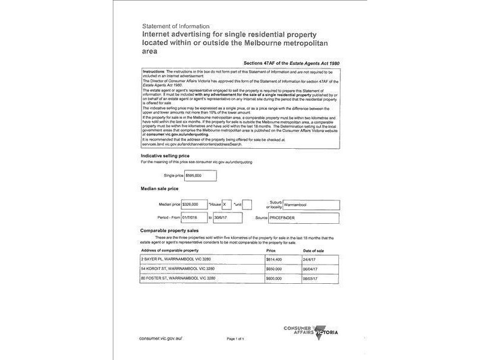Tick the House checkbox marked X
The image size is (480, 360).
[x=226, y=205]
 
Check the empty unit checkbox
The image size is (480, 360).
[x=247, y=205]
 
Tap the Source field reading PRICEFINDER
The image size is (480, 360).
[x=304, y=218]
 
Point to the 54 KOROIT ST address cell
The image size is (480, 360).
[x=173, y=269]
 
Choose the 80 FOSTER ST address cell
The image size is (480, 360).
[x=175, y=278]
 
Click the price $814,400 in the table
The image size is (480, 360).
[x=274, y=259]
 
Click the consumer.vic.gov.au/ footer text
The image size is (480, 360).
[x=160, y=338]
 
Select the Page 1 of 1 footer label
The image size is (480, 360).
[x=235, y=339]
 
